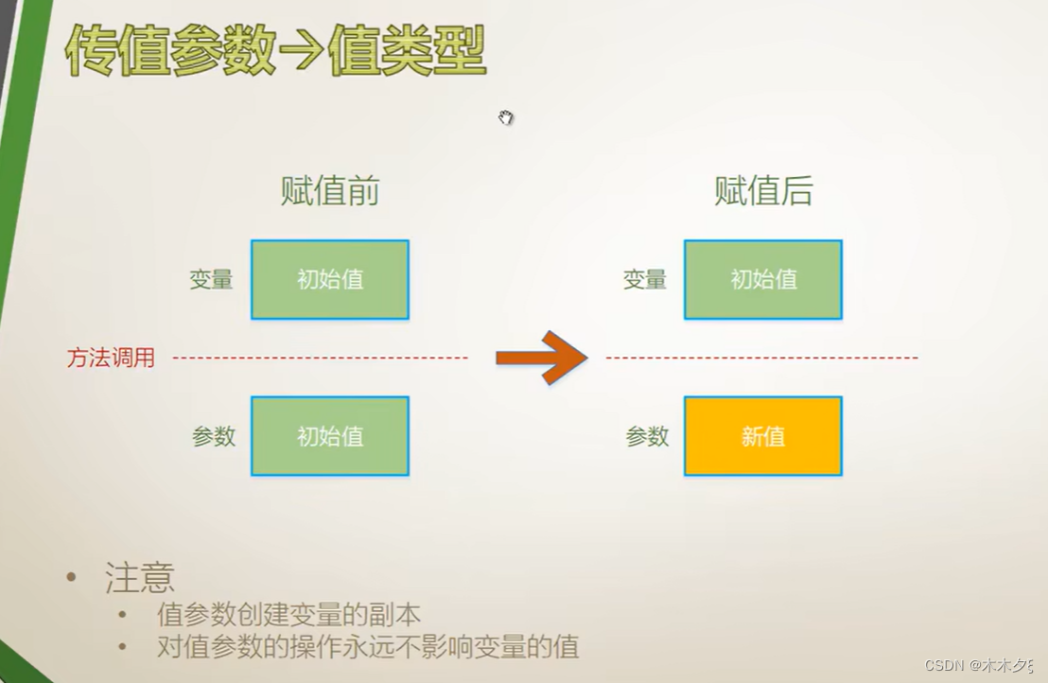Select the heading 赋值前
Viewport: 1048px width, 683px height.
[329, 192]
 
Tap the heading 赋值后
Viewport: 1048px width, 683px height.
[762, 192]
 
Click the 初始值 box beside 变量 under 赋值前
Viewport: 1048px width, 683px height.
[329, 280]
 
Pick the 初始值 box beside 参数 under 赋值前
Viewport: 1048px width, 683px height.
[329, 436]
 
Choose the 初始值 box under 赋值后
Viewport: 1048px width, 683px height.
[762, 280]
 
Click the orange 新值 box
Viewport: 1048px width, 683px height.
[762, 436]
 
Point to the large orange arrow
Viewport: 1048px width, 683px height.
[542, 357]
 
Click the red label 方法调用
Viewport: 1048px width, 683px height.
[111, 358]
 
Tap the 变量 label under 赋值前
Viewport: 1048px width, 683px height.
[211, 280]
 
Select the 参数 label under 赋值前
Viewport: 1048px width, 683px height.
[214, 436]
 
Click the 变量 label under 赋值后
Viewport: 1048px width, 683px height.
[645, 280]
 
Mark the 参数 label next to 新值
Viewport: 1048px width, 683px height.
[647, 436]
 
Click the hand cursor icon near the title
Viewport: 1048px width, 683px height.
[506, 117]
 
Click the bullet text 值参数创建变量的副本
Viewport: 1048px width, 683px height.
[288, 615]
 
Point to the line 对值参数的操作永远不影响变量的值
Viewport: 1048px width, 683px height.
[367, 647]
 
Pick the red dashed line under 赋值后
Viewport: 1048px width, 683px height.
[761, 358]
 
